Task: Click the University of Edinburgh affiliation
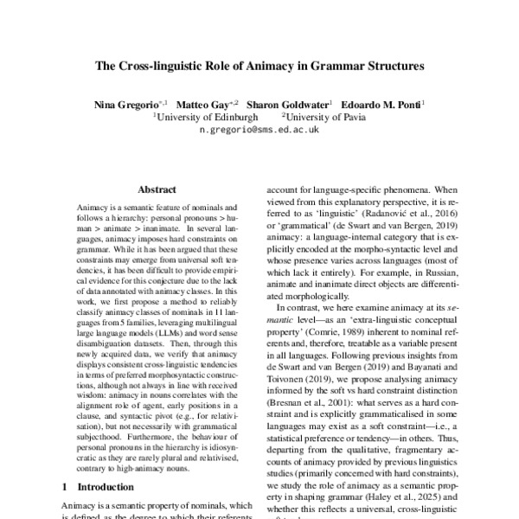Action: (x=205, y=116)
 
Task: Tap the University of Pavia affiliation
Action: (x=322, y=116)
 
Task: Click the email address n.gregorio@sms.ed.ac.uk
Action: (x=259, y=128)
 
